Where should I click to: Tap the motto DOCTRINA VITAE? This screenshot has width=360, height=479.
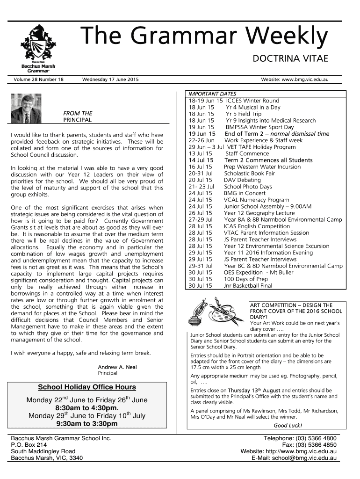290,59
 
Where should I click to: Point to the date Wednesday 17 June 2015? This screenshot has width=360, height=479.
110,80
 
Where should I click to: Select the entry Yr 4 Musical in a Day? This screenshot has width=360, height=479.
253,107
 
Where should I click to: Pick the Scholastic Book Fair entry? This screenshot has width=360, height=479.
249,173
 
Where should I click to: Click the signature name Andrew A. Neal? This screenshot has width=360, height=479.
117,367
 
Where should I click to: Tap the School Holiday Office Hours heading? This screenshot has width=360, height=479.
87,387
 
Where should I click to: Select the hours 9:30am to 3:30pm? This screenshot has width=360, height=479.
87,424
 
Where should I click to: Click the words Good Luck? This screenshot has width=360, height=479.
288,425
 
